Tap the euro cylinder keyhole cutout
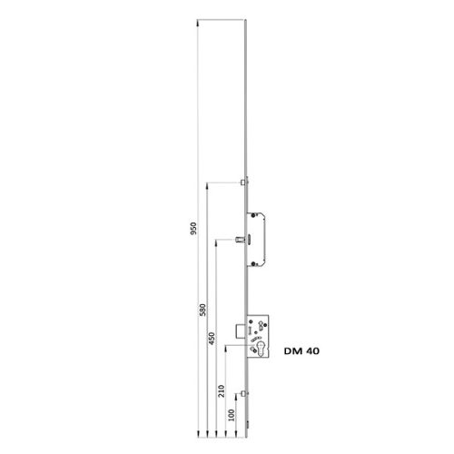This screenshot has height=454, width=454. (x=264, y=350)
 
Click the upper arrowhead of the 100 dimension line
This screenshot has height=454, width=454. (x=232, y=396)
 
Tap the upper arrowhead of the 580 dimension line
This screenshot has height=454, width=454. (x=207, y=183)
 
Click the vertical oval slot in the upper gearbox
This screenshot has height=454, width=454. (x=254, y=240)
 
